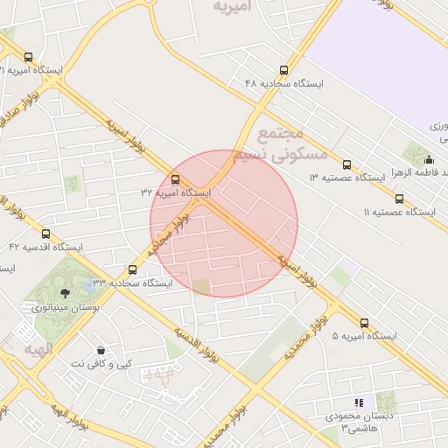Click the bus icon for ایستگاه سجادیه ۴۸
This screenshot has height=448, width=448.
coord(283,70)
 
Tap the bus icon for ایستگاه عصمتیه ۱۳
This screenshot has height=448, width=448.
coord(346,164)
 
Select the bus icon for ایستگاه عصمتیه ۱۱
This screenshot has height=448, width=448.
coord(399,199)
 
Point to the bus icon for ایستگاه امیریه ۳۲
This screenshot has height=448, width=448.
coord(175,179)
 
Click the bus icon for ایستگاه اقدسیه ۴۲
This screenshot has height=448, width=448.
coord(45,234)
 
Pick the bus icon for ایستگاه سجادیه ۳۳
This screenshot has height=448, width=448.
coord(132,269)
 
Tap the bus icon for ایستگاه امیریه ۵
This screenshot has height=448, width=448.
coord(364,323)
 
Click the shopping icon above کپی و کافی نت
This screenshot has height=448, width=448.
coord(101,350)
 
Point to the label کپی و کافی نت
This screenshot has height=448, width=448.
coord(102,363)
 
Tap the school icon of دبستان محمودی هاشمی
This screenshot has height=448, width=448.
coord(359,402)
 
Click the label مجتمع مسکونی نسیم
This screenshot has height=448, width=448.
coord(293,143)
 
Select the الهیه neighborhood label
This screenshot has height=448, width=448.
coord(39,349)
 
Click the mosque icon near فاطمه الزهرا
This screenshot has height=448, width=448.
coord(429,160)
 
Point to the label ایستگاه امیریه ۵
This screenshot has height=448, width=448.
coord(365,337)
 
